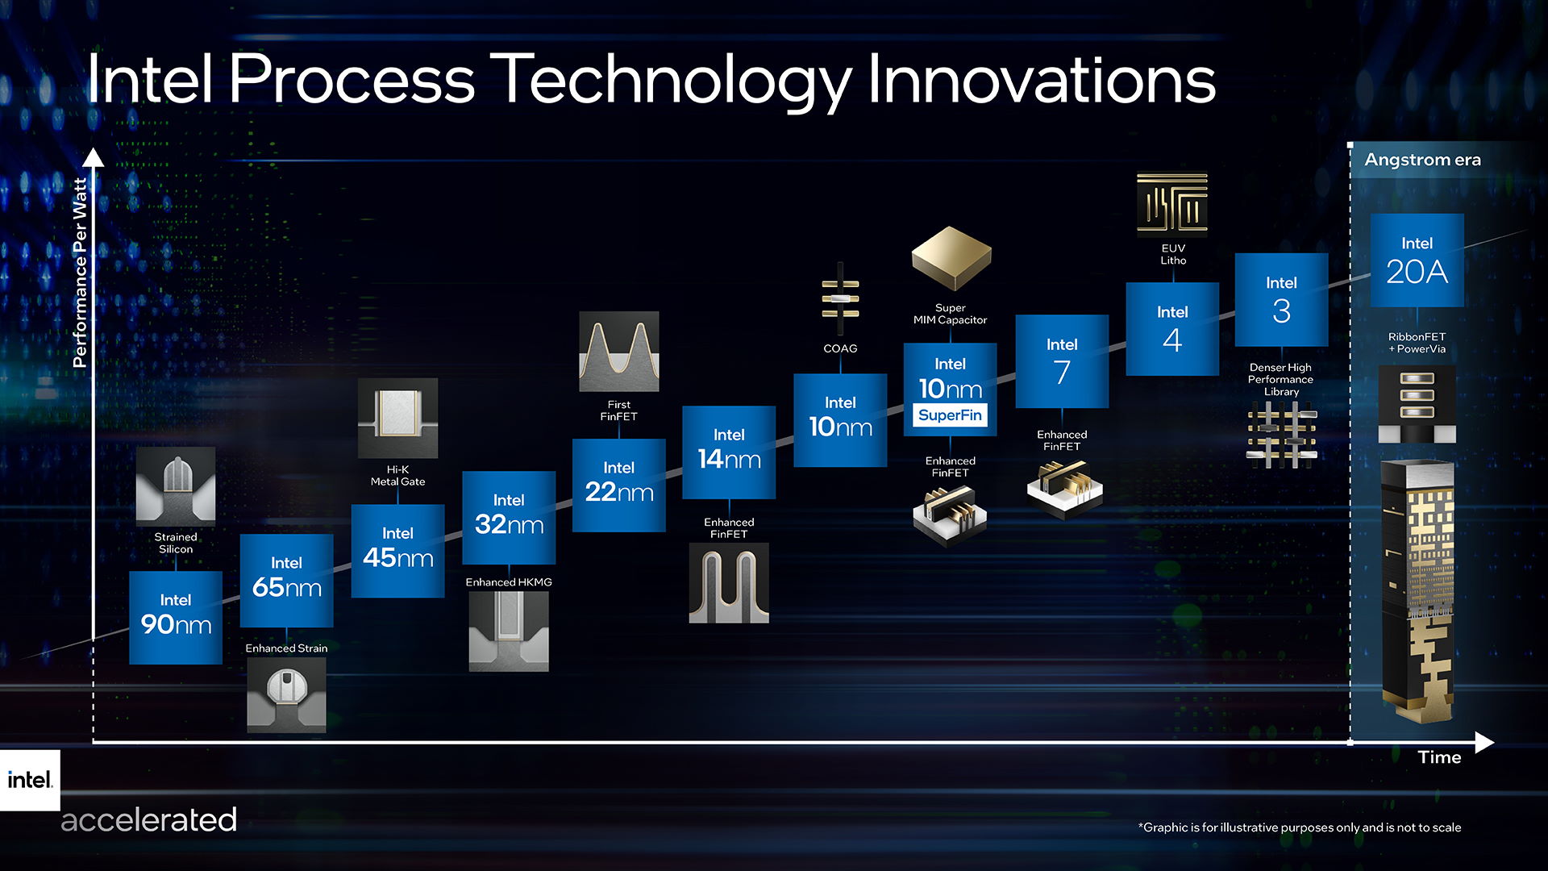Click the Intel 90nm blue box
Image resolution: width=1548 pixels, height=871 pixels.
pos(175,617)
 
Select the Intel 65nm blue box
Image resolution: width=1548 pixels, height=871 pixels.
pos(286,580)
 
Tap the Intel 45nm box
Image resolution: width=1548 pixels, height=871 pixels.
pos(397,551)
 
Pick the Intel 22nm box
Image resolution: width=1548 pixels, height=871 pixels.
pos(618,485)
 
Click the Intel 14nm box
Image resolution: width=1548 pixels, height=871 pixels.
pos(729,452)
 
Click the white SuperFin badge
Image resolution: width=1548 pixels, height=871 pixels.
pos(950,415)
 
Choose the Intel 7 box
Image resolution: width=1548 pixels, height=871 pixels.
pos(1062,360)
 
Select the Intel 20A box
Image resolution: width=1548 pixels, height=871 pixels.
pos(1417,260)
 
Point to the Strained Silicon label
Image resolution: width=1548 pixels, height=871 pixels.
pos(176,543)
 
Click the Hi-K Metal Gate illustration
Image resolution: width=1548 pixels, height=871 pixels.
pos(397,418)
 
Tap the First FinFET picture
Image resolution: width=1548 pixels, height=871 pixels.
pos(618,352)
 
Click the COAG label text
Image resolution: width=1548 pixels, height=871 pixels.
pos(840,348)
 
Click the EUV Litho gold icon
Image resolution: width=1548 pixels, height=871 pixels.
pos(1171,203)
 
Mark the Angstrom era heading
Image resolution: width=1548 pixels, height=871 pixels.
pos(1422,160)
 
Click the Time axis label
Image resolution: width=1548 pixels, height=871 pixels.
pos(1439,757)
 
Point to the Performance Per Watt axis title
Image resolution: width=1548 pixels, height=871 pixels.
pos(79,273)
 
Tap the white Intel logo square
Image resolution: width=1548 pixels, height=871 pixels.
pos(30,780)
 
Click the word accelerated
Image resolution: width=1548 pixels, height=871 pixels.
pos(149,820)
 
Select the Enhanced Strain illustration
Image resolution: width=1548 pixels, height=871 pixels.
pos(286,694)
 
